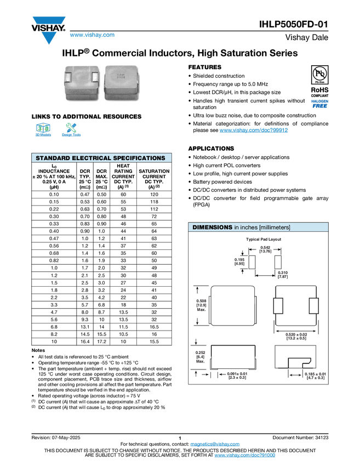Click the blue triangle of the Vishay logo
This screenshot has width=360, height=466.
[49, 38]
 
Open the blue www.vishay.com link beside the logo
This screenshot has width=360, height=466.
[92, 36]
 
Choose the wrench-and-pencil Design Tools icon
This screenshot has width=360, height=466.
[71, 127]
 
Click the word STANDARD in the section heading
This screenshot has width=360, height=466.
[54, 158]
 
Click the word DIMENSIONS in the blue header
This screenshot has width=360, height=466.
[212, 227]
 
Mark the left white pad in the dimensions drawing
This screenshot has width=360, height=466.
[278, 305]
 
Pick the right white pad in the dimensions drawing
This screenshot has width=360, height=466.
[313, 305]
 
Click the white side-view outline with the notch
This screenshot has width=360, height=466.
[294, 357]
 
